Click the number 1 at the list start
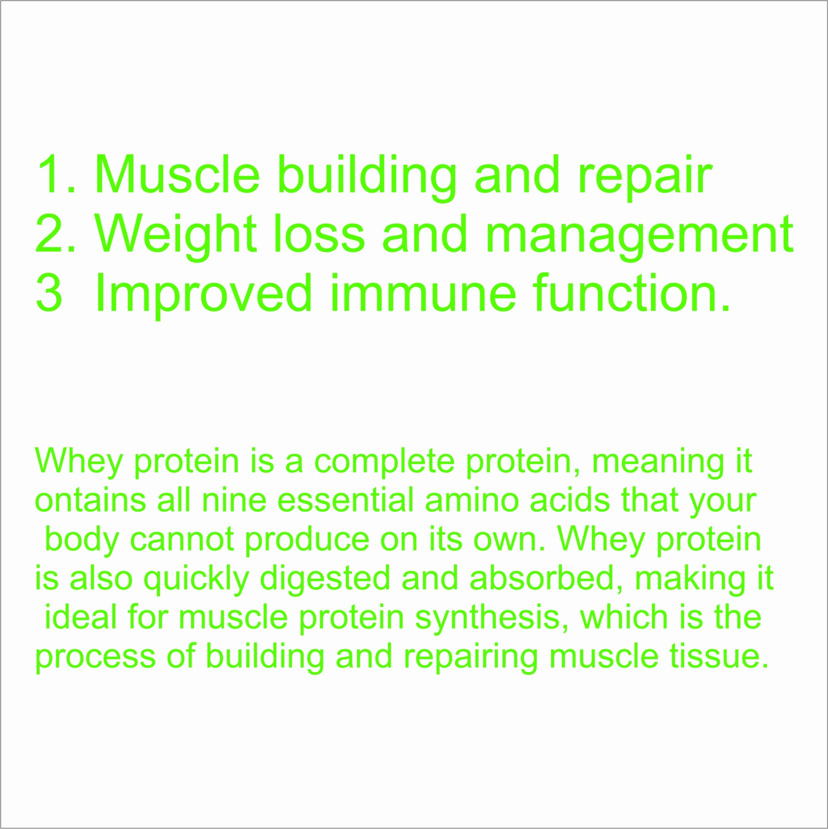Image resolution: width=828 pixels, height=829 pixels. (51, 174)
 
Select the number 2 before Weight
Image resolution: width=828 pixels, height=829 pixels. (49, 234)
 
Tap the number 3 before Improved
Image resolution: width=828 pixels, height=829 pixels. (49, 293)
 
